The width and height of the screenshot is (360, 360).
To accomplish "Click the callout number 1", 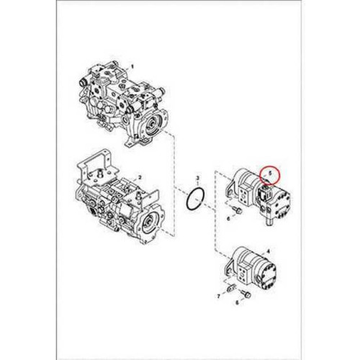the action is point(131,66).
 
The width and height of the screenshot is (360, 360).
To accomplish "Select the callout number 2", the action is point(140,178).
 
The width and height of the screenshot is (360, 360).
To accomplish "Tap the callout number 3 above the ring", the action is point(198,178).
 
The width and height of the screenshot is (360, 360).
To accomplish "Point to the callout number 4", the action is point(269,251).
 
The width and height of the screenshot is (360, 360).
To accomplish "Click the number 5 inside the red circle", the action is point(269,172).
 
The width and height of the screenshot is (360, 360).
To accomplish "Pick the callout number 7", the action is point(218,297).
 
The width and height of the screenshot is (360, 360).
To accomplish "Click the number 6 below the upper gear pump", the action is point(228,219).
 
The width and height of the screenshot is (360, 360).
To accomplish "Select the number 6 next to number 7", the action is point(237,303).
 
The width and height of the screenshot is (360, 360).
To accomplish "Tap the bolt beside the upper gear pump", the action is point(238,210).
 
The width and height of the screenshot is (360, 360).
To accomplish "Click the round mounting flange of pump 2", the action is point(150,224).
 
